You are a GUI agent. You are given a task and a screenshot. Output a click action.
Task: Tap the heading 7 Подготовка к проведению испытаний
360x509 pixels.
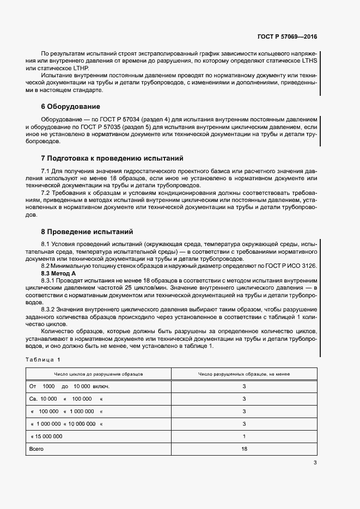[x=112, y=158]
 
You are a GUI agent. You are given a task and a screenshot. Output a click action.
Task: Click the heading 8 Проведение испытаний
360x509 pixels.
[x=87, y=231]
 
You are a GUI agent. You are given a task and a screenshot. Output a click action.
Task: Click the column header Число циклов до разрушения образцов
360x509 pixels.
[x=99, y=375]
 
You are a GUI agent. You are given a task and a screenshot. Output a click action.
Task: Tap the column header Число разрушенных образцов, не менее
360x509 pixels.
[x=244, y=375]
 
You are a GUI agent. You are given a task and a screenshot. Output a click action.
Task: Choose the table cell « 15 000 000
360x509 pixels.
[x=47, y=437]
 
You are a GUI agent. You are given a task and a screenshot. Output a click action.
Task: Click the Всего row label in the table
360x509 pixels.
[x=36, y=449]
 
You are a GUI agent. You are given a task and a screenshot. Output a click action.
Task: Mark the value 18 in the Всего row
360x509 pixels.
[x=244, y=449]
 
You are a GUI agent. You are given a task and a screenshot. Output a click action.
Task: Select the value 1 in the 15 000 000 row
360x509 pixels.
[x=244, y=437]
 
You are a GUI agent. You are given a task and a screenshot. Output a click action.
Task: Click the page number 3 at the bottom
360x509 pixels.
[x=315, y=463]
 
